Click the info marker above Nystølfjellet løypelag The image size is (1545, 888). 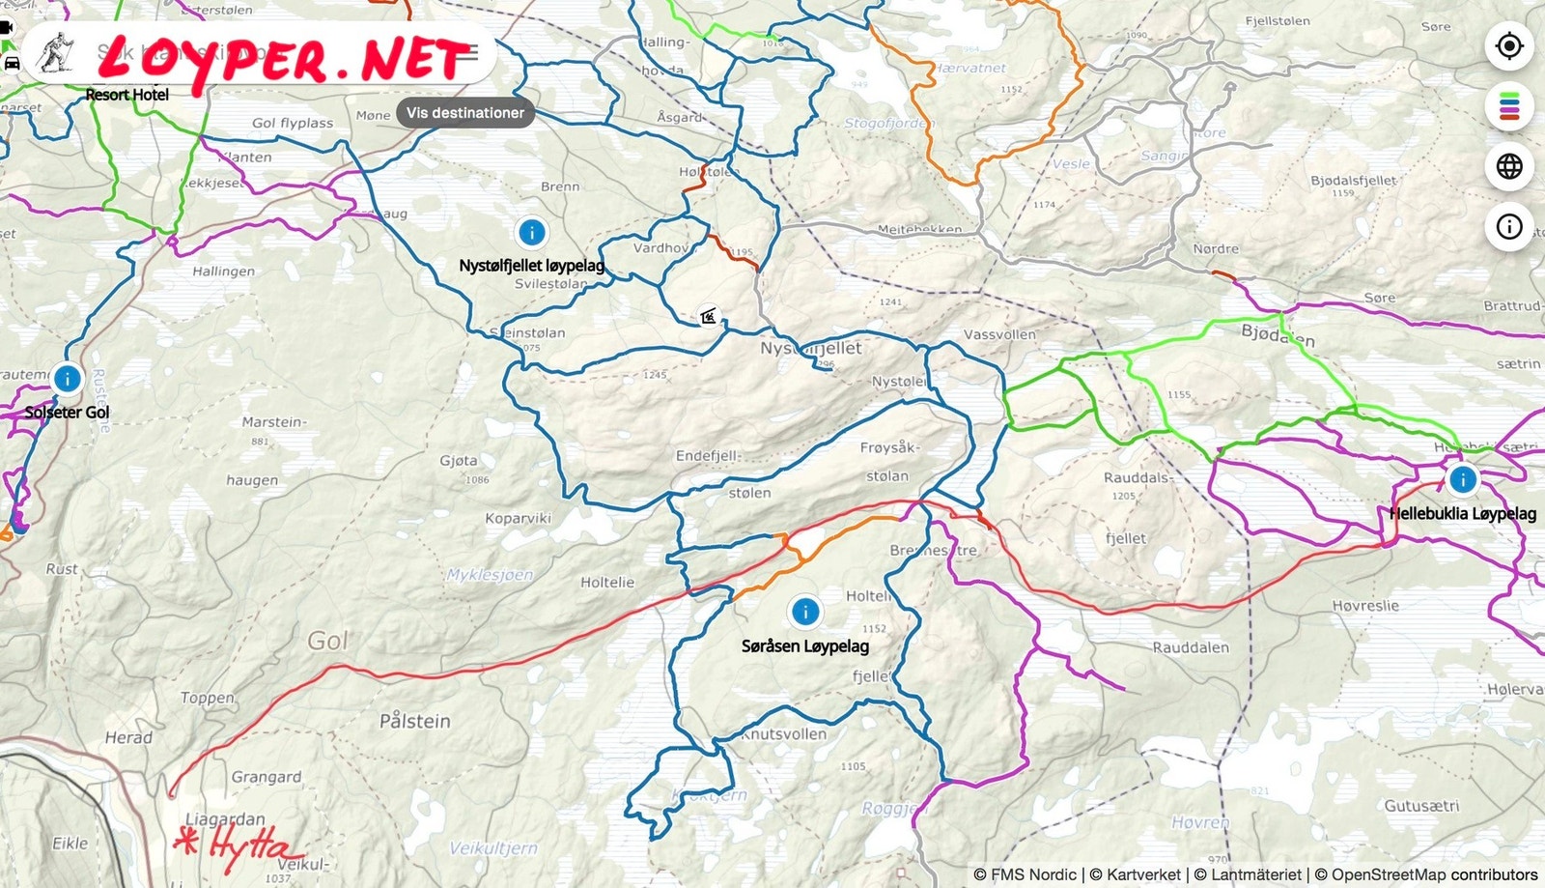531,233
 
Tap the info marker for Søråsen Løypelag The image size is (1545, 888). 804,611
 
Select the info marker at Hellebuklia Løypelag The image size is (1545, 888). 1462,478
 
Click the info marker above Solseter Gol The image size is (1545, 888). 67,378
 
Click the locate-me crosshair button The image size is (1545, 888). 1509,45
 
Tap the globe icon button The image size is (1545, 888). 1509,166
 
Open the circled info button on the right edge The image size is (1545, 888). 1509,227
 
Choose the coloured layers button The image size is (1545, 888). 1509,105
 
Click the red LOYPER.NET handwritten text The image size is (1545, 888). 285,61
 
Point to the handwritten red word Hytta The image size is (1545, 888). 241,846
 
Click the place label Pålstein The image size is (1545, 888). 414,721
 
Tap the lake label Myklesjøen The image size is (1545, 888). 490,575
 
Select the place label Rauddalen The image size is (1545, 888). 1190,647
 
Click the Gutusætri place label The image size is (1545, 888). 1421,806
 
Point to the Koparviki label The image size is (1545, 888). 518,519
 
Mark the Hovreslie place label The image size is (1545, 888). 1364,606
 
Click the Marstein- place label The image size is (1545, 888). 273,422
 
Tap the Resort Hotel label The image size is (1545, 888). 126,95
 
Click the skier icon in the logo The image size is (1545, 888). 55,54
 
